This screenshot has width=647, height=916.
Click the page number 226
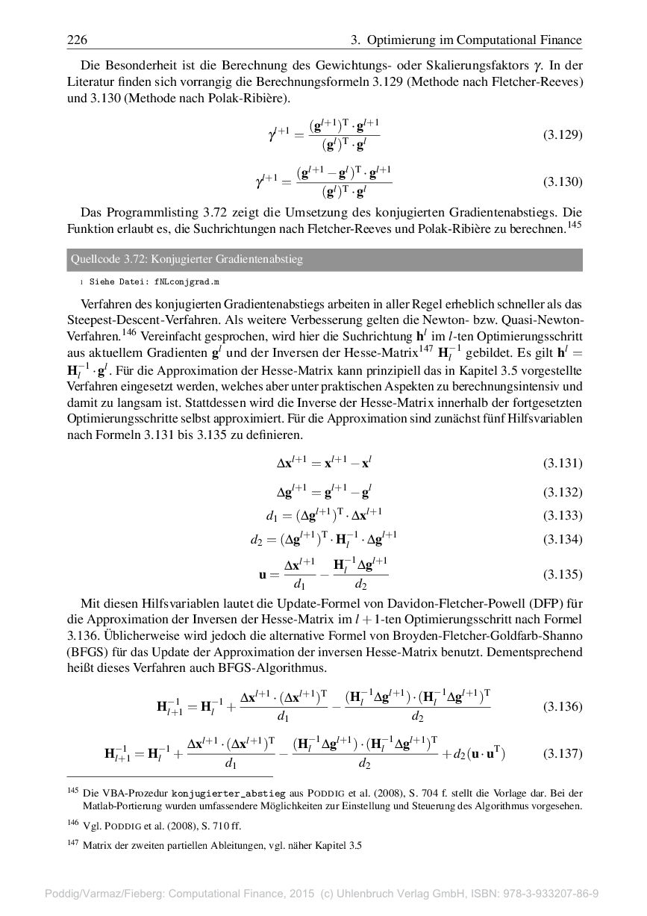pos(77,40)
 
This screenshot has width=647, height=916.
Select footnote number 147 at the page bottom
pos(72,844)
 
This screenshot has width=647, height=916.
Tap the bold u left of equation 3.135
pos(263,575)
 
